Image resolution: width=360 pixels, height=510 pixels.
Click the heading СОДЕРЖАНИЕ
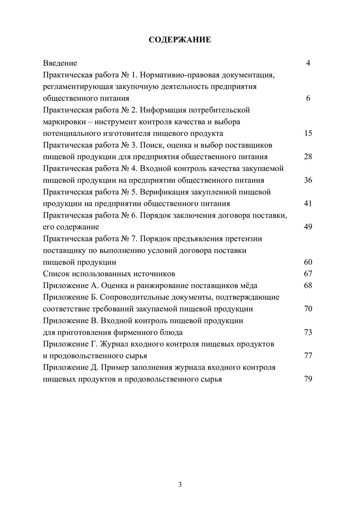[180, 40]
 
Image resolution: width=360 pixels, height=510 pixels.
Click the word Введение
[60, 63]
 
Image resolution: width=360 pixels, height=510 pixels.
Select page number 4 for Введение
[308, 63]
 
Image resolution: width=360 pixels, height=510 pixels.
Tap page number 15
[308, 133]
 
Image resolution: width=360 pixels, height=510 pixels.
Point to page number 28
[308, 157]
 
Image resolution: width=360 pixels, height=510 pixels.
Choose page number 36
[308, 180]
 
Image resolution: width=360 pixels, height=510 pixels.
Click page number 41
[308, 204]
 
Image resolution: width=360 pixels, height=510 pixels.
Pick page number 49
[308, 227]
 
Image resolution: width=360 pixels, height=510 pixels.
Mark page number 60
[308, 262]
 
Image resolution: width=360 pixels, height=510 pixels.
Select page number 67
[308, 273]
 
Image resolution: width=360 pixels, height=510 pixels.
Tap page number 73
[308, 332]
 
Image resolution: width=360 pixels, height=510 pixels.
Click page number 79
[308, 379]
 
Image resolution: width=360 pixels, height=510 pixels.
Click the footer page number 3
[180, 484]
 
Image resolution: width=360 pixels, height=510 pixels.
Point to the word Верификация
[167, 192]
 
